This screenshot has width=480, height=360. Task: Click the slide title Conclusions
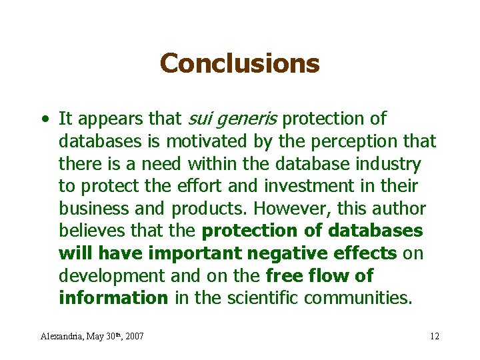240,64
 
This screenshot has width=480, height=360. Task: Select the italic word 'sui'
199,119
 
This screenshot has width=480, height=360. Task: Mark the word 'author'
399,209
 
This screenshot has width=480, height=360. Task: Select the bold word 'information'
113,298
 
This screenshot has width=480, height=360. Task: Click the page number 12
435,336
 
